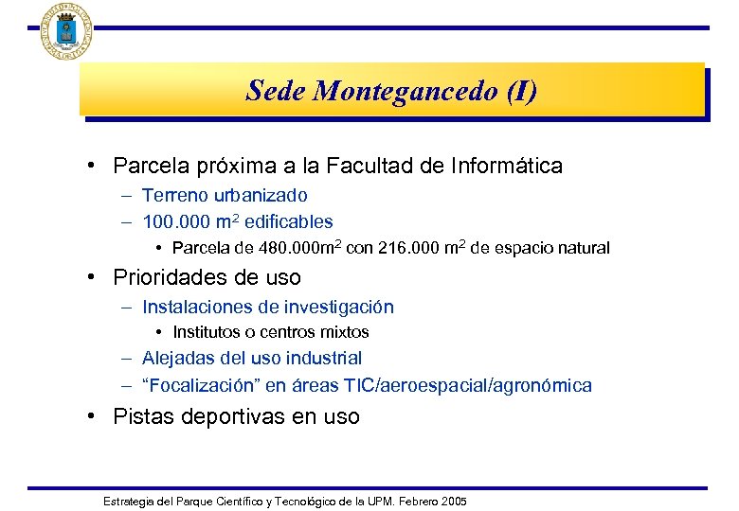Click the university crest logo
(65, 30)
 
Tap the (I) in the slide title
(522, 91)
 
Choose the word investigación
(337, 307)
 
